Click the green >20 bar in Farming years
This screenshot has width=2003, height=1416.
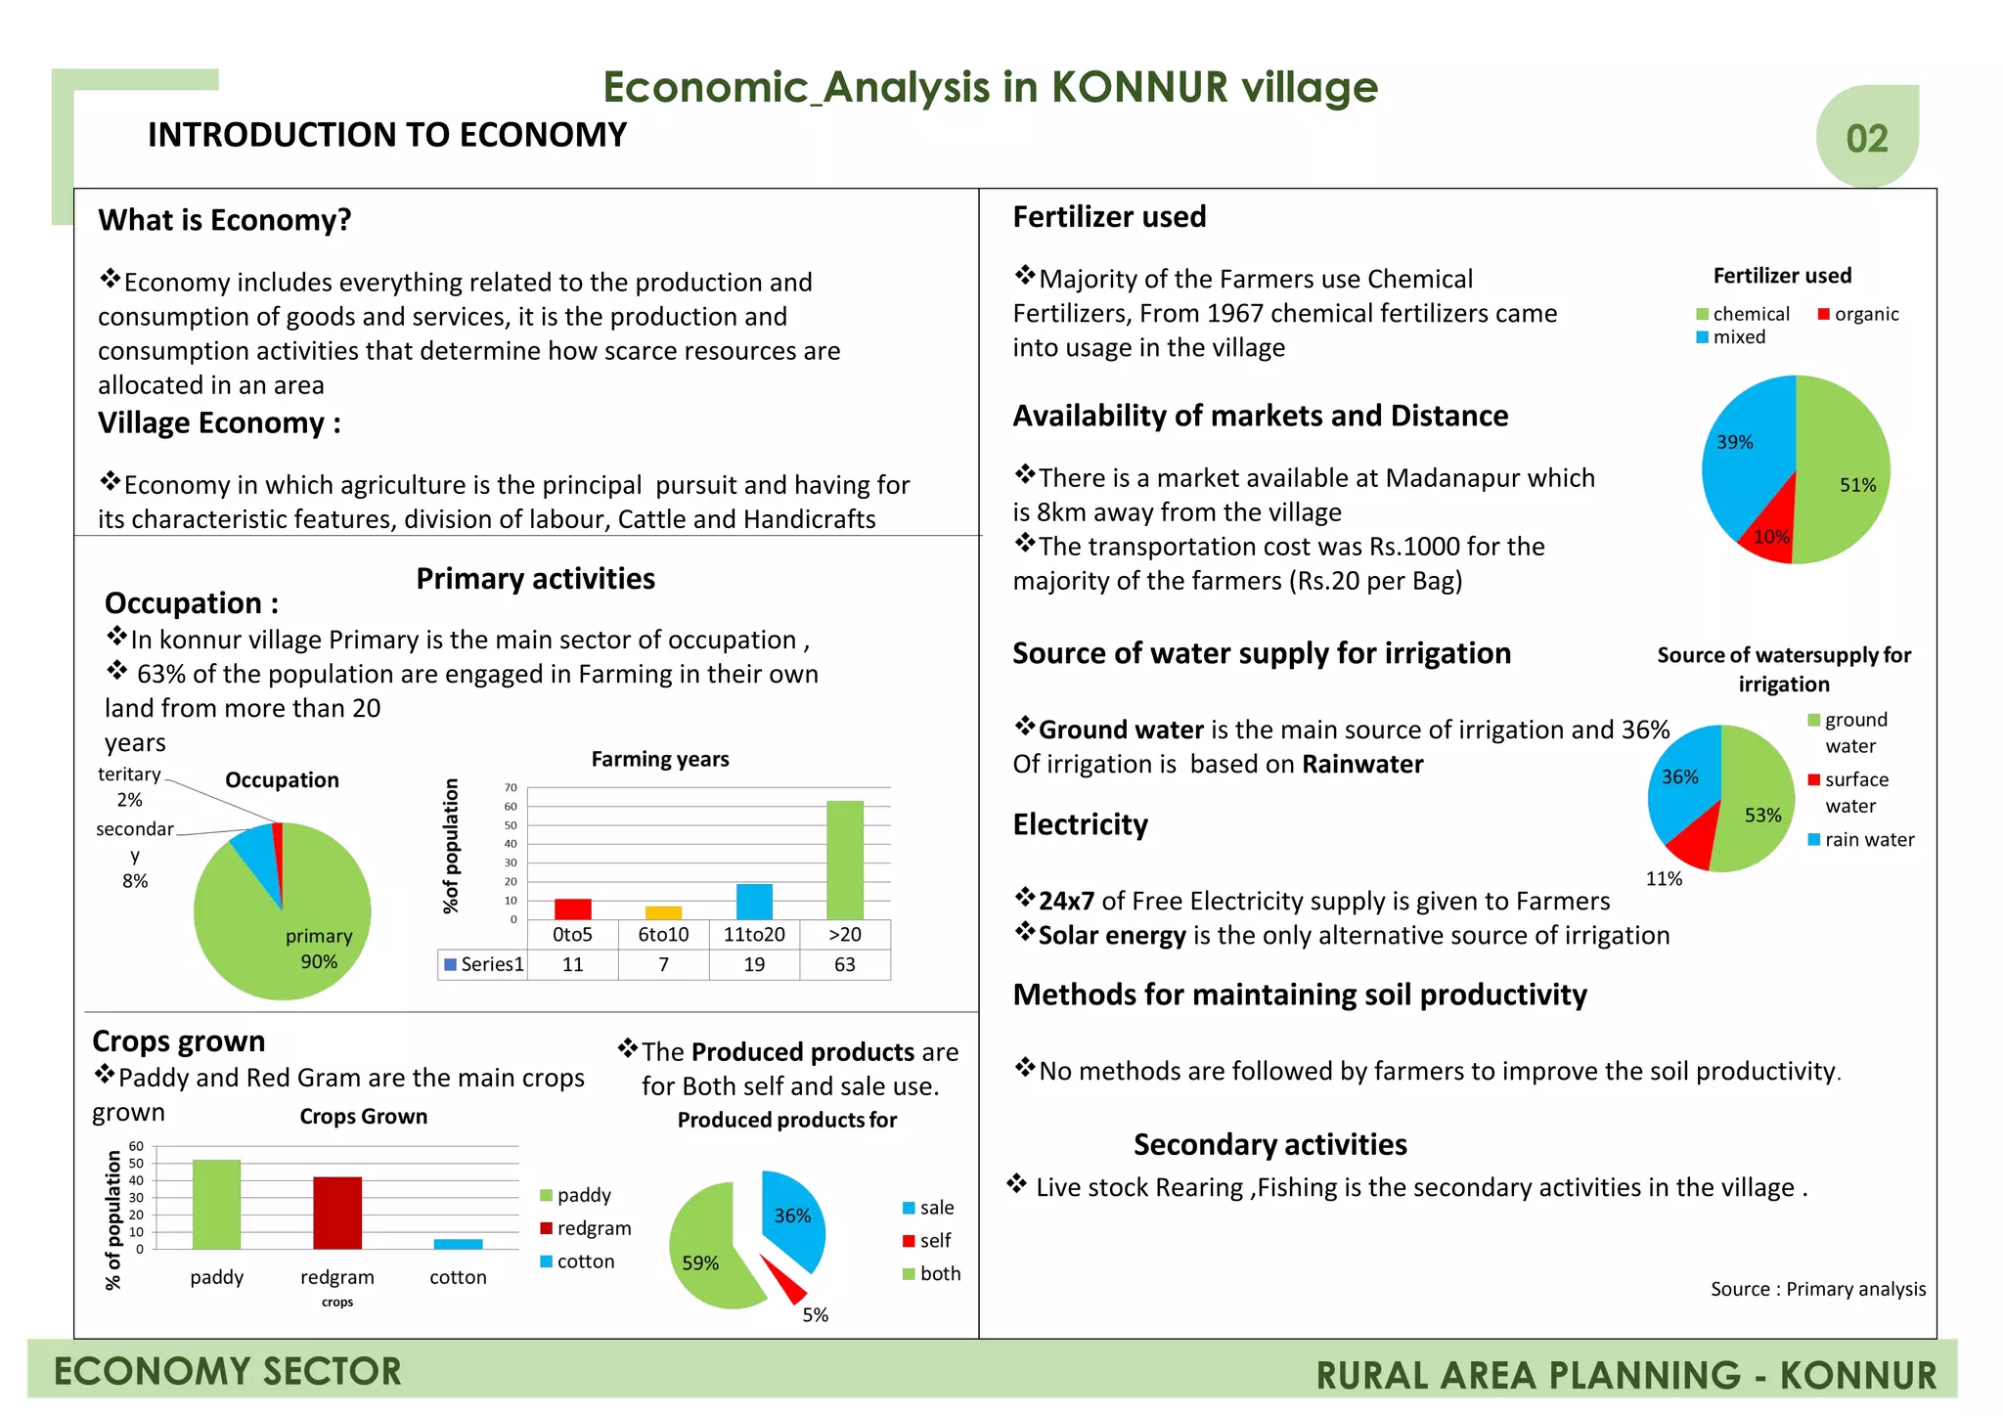pos(844,860)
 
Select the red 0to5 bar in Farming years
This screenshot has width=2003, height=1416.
pos(572,908)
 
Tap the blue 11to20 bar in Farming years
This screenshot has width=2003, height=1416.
pos(754,901)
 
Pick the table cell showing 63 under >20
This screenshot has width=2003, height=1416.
pos(844,964)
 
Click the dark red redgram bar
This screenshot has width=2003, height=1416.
pos(337,1213)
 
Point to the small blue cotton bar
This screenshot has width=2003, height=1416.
pos(458,1244)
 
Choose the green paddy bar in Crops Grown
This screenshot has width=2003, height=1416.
pos(216,1204)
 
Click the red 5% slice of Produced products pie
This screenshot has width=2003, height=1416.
pos(783,1278)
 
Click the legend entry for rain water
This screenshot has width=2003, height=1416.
pos(1862,840)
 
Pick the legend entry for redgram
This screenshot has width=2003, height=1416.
pos(586,1228)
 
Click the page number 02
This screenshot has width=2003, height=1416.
pos(1866,139)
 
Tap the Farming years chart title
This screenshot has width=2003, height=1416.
pos(660,759)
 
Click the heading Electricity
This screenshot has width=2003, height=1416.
pos(1080,824)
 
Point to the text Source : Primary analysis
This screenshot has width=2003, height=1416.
pos(1817,1289)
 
